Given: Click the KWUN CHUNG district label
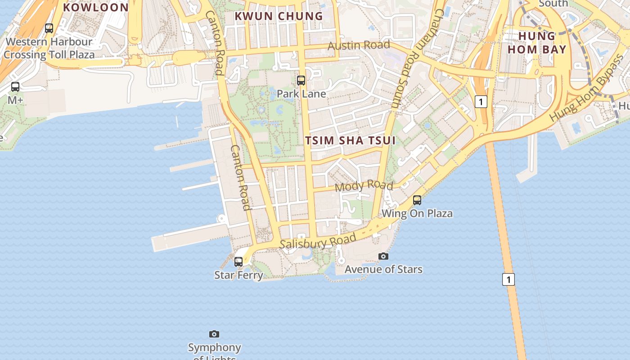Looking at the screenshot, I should click(x=279, y=16).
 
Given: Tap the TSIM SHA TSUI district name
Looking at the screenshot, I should click(x=351, y=140).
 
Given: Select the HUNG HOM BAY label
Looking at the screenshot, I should click(x=537, y=43).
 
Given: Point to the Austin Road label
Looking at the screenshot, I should click(x=359, y=45).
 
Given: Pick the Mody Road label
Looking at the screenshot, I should click(x=364, y=185).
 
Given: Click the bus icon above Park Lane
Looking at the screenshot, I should click(x=301, y=81).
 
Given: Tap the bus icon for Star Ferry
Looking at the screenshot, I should click(x=238, y=261).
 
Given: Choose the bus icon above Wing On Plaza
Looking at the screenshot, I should click(x=417, y=200).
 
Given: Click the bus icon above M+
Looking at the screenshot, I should click(x=15, y=87).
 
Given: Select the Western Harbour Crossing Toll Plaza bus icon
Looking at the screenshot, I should click(x=49, y=28).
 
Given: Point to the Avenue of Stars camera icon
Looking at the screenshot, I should click(x=383, y=256).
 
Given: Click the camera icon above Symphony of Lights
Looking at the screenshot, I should click(x=214, y=334).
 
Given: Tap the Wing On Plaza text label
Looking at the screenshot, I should click(x=417, y=213).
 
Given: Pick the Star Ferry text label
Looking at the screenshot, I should click(x=238, y=274).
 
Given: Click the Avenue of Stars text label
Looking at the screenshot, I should click(x=383, y=270).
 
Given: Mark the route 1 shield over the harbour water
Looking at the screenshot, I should click(x=508, y=279).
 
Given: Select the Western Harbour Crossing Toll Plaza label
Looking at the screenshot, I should click(x=49, y=48).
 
